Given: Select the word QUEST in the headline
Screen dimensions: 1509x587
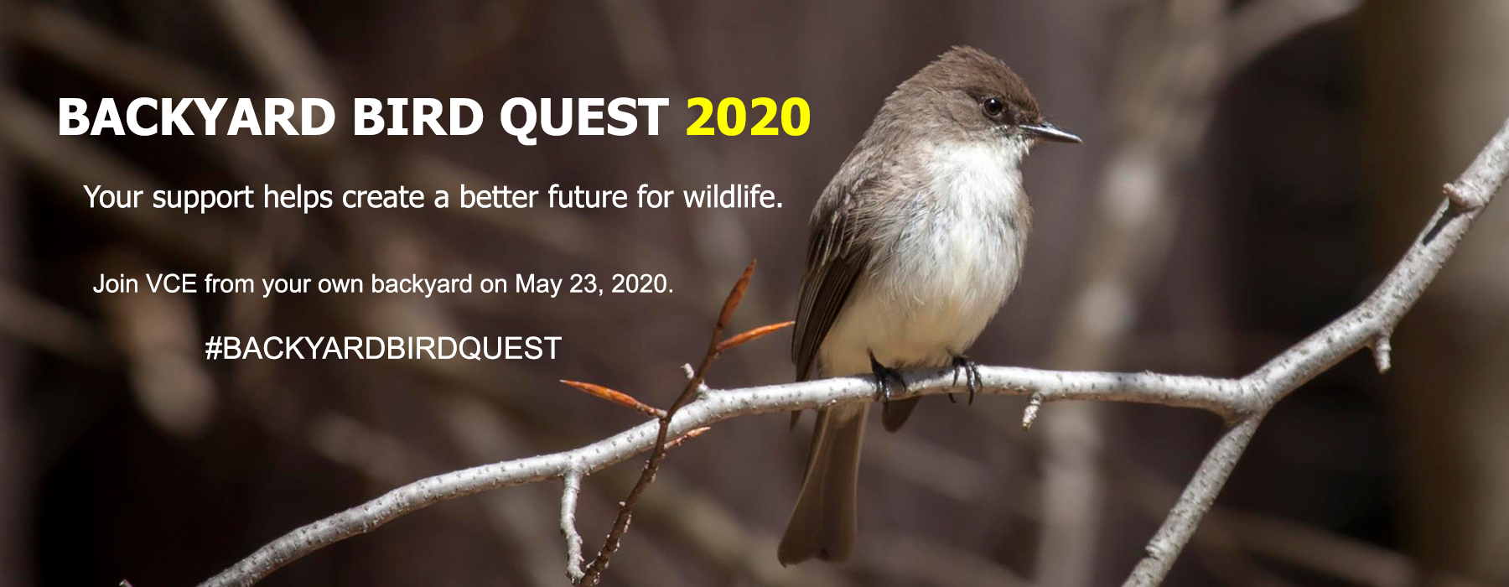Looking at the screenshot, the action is pos(584,118).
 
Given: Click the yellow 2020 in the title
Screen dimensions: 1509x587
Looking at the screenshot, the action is pos(748,117).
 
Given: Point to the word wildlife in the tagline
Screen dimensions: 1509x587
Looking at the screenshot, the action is pos(733,196).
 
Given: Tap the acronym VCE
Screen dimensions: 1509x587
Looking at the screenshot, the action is pos(171,283).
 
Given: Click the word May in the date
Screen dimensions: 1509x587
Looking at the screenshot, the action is pos(538,285).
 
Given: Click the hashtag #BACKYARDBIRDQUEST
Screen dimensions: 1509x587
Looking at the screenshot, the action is pos(383,348).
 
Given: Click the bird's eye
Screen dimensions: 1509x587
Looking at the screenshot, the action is pos(993,106).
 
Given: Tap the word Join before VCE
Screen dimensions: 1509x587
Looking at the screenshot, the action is pos(116,283).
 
